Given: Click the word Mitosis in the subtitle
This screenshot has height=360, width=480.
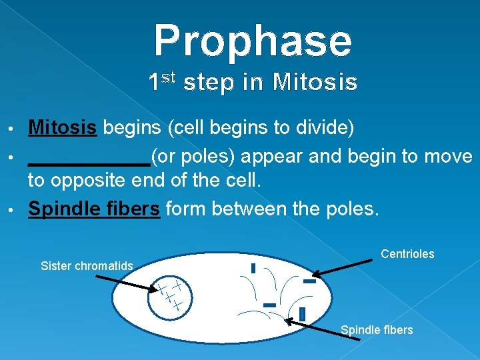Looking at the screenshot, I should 315,83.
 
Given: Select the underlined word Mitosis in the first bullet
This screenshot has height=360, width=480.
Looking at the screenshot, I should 63,127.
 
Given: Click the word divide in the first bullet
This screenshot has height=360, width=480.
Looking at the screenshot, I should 325,127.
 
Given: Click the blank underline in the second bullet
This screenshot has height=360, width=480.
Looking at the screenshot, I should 89,162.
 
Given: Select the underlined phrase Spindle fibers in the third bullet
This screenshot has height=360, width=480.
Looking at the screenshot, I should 94,209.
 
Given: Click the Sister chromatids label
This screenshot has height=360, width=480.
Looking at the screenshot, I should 87,266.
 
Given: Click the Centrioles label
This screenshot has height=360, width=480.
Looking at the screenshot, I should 407,254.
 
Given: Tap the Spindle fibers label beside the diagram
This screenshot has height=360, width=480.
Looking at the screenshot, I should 377,330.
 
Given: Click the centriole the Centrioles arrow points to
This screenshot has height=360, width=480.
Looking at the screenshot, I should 309,281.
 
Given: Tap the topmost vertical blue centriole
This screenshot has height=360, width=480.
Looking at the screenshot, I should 253,268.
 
